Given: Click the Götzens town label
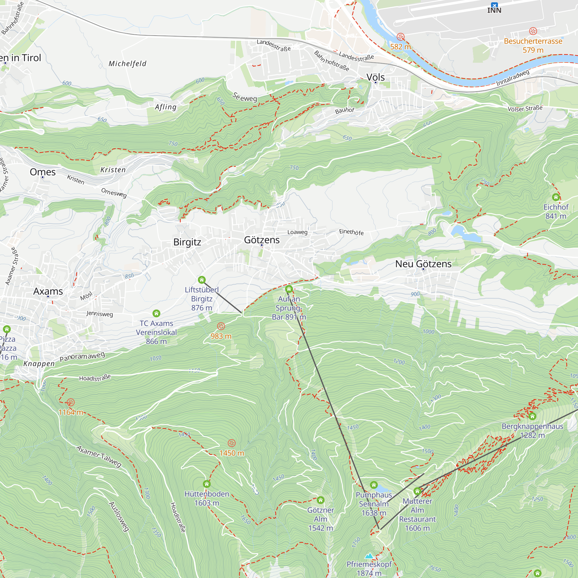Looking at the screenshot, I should [x=262, y=240].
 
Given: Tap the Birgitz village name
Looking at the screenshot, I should [x=187, y=242].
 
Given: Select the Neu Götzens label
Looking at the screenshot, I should [x=423, y=264].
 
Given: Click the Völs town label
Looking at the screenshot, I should [x=375, y=77].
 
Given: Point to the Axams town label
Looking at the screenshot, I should [x=48, y=291].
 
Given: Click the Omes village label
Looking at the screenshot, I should [x=43, y=172].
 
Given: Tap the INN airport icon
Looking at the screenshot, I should [x=494, y=5].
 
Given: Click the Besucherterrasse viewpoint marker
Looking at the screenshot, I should [x=533, y=31].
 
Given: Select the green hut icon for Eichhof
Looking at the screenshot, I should [x=555, y=197].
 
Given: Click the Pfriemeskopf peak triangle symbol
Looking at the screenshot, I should [x=369, y=556].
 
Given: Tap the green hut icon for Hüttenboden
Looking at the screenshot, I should [x=207, y=484].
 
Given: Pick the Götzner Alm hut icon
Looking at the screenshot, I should [x=321, y=500].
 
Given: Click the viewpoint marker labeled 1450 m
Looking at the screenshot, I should [x=231, y=443].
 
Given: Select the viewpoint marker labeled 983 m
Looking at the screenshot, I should [x=221, y=326].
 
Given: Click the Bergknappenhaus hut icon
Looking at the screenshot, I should [x=532, y=416].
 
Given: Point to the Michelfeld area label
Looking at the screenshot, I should [x=127, y=64].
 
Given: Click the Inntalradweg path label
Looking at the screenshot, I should [x=512, y=78].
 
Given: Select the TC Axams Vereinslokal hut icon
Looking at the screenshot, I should [x=156, y=313].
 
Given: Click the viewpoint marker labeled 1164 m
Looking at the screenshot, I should [x=71, y=402].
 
